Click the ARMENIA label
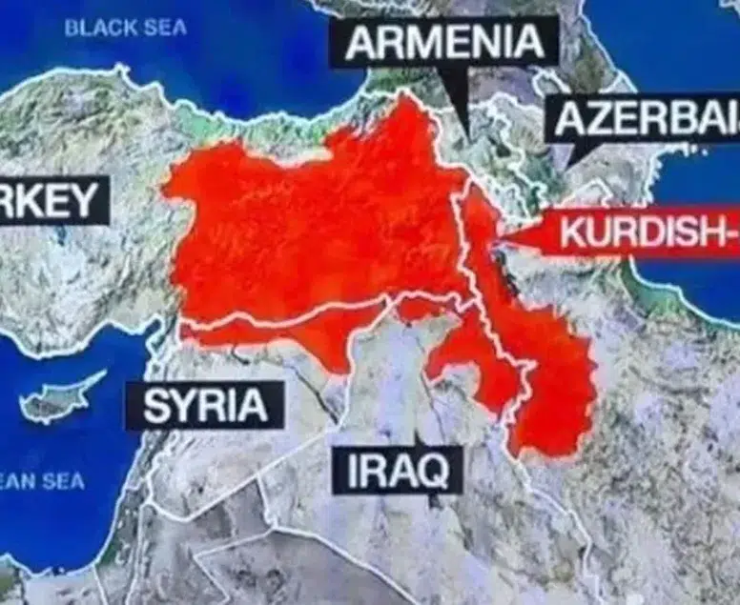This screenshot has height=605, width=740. pos(442,43)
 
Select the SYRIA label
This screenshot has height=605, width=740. pos(205,406)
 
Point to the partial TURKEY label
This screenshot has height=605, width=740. pos(52,200)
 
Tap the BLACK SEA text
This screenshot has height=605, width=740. pos(126,28)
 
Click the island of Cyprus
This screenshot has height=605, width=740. pos(62,398)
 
